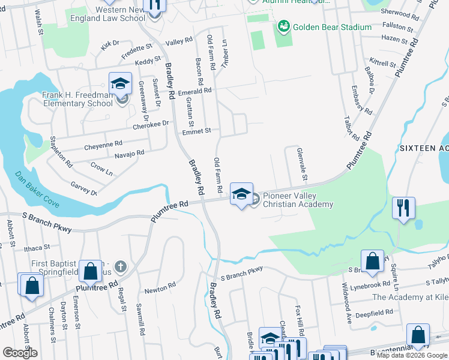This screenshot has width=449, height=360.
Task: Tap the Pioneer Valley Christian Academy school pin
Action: click(x=241, y=195)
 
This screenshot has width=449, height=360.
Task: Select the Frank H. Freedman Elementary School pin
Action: click(x=120, y=85)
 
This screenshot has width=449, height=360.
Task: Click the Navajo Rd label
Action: click(x=129, y=154)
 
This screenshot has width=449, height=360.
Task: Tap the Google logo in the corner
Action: click(x=20, y=353)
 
